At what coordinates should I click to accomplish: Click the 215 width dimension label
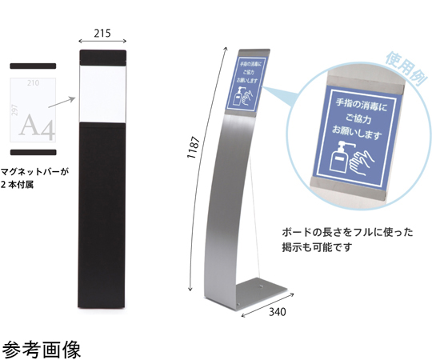click(x=102, y=34)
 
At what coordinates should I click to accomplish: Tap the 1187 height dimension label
click(x=193, y=147)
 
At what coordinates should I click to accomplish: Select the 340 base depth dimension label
click(x=277, y=312)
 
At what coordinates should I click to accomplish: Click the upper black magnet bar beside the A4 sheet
click(x=33, y=66)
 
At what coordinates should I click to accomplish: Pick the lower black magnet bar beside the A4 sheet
click(x=34, y=152)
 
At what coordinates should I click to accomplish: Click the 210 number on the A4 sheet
click(x=33, y=82)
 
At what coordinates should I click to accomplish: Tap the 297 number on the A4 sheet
click(x=14, y=110)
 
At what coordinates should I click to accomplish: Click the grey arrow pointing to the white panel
click(x=62, y=102)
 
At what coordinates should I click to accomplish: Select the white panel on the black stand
click(x=103, y=94)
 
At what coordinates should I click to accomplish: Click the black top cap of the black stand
click(x=103, y=58)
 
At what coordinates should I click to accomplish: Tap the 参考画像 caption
click(x=42, y=350)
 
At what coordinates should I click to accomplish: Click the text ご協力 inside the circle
click(x=358, y=118)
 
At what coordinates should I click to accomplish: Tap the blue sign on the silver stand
click(x=246, y=84)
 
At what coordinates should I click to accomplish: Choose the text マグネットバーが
click(x=34, y=172)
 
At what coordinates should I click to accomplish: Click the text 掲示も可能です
click(x=317, y=247)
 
